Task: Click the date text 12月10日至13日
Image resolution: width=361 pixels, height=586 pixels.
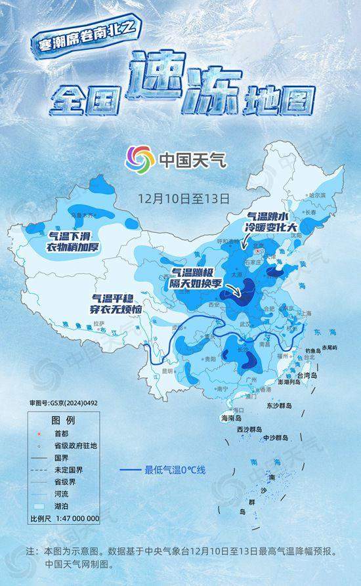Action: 183,196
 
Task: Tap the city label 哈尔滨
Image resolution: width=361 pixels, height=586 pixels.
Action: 316,195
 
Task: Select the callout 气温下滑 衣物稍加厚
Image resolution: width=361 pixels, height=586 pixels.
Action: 77,240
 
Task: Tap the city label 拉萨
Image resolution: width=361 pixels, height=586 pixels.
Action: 99,324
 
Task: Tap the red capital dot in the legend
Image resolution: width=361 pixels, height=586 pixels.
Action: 39,434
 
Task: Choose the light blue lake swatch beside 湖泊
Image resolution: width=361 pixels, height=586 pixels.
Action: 39,507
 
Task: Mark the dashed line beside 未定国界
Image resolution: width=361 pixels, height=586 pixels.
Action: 39,471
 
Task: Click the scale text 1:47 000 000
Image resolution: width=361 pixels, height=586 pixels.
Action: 74,518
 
